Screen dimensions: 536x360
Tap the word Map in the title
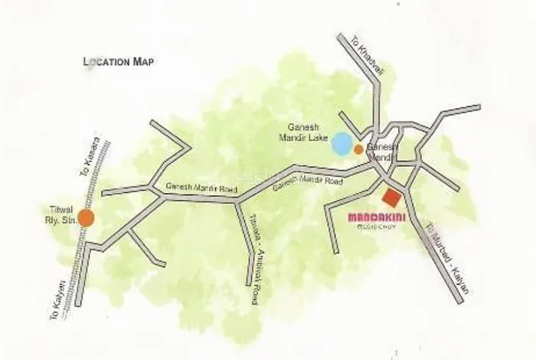[x=143, y=61]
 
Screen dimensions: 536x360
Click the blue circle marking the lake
[x=342, y=143]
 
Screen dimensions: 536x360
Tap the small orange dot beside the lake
[x=358, y=149]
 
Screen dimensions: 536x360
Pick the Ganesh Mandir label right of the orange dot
[x=381, y=150]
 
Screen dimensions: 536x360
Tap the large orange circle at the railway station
[x=86, y=218]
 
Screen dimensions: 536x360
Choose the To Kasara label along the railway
[x=88, y=157]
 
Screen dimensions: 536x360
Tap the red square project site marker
[x=392, y=198]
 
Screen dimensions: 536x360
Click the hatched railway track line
[x=77, y=260]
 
